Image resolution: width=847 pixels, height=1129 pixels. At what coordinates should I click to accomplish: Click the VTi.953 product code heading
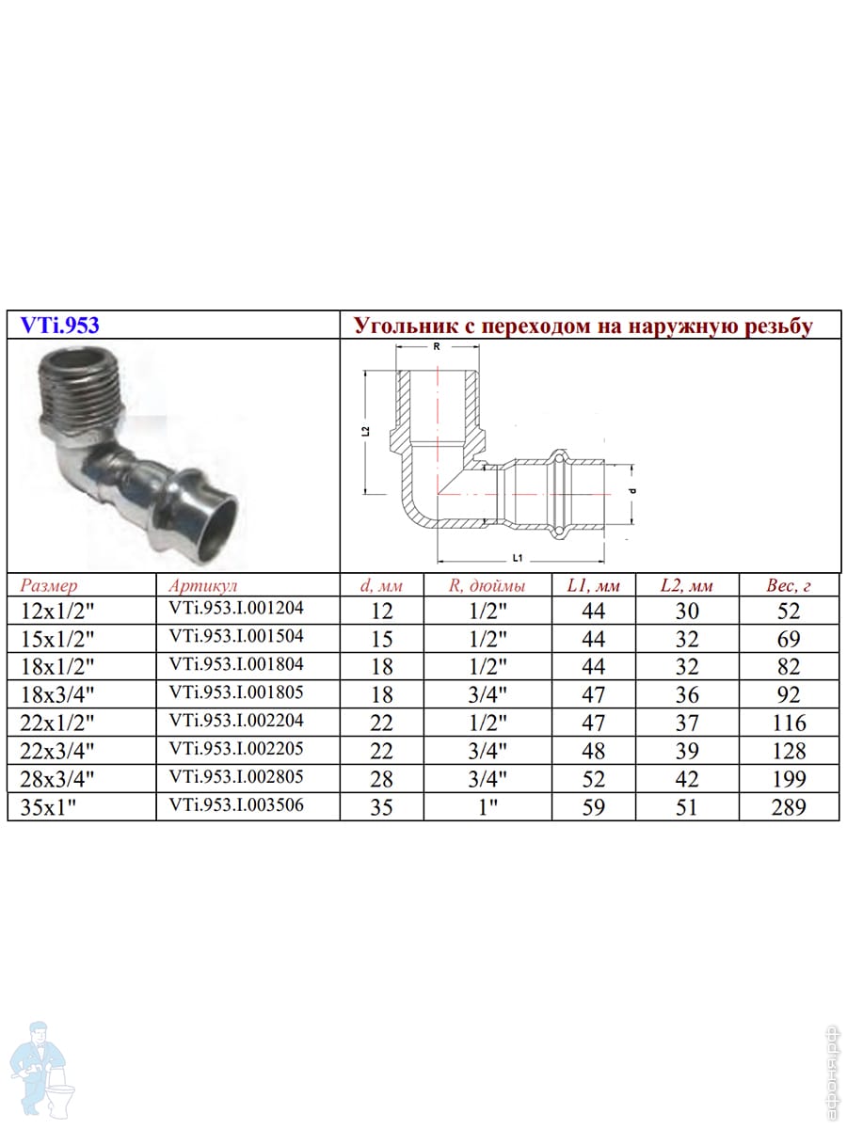pos(59,326)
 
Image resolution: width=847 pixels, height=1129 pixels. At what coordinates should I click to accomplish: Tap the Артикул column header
pos(203,585)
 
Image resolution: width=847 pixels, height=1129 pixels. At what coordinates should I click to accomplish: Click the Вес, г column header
pos(789,585)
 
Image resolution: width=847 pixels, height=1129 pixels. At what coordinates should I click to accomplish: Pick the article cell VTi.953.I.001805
pos(236,692)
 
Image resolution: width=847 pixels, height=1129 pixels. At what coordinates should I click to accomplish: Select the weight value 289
pos(789,806)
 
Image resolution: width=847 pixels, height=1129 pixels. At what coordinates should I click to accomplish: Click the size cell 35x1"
pos(48,808)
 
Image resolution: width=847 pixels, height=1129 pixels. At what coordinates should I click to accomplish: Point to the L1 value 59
pos(594,806)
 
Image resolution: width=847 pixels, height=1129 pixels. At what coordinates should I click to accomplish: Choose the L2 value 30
pos(687,611)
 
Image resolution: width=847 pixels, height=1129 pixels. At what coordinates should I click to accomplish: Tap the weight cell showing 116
pos(789,723)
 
